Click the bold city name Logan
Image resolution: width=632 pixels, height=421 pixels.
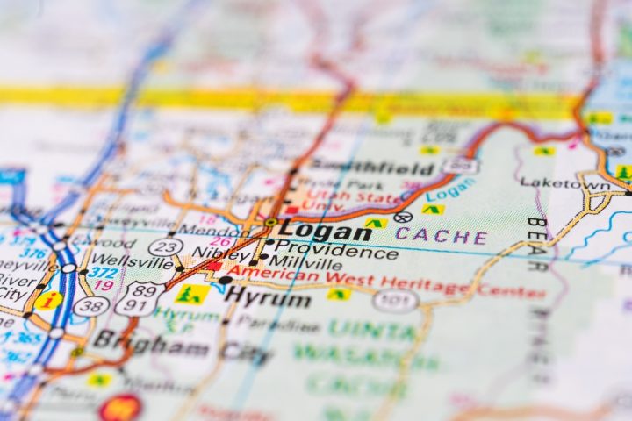click(326, 232)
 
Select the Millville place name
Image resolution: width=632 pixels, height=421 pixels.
click(305, 263)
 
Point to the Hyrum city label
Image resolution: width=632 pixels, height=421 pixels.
click(268, 298)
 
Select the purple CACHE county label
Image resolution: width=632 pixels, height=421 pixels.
click(441, 236)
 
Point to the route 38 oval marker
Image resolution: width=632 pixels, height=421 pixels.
click(91, 306)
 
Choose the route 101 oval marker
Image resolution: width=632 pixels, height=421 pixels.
click(394, 301)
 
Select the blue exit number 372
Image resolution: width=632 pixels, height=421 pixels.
click(103, 273)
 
